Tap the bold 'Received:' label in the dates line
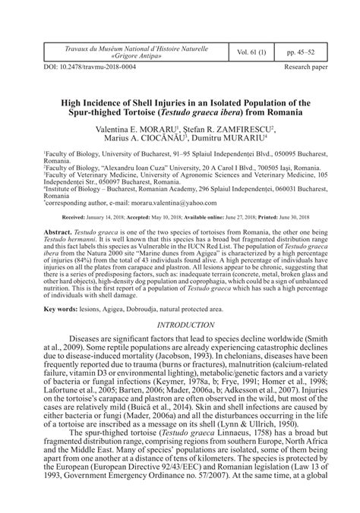(x=75, y=217)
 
